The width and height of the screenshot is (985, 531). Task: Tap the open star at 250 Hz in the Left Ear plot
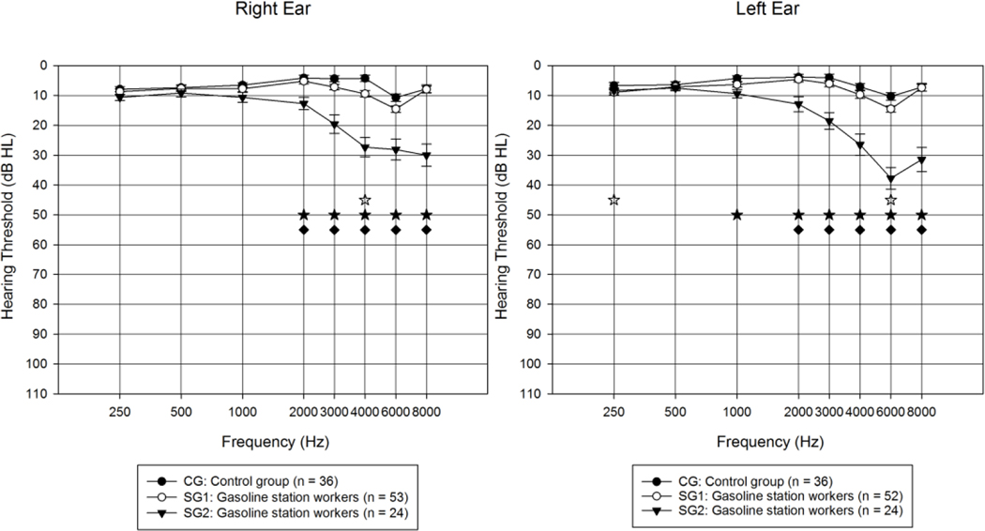click(x=614, y=200)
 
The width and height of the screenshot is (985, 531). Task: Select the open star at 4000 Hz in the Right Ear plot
click(x=365, y=200)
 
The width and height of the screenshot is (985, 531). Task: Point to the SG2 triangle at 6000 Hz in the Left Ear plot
click(x=890, y=178)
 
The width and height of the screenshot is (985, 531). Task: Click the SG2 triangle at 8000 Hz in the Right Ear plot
click(x=427, y=156)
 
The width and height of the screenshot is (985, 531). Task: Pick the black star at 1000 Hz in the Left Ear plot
click(x=736, y=215)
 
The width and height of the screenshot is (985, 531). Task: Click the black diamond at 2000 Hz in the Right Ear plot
click(x=304, y=230)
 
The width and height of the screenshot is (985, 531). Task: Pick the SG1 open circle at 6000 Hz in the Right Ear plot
click(x=396, y=109)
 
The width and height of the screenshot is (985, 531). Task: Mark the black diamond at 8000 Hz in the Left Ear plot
click(x=921, y=230)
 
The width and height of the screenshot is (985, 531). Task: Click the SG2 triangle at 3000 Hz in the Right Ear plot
click(x=334, y=125)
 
